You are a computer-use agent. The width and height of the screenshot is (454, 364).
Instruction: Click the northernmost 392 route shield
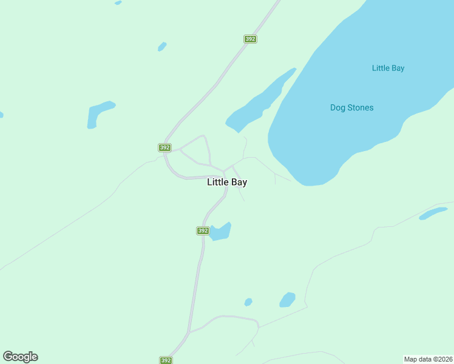point(250,39)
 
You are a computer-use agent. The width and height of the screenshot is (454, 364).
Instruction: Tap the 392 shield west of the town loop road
point(164,147)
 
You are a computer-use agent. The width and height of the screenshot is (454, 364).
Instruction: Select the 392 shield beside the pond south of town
point(203,231)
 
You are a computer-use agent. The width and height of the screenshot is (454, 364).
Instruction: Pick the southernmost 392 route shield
point(166,360)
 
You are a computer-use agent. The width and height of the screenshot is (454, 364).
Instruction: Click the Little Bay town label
point(227,182)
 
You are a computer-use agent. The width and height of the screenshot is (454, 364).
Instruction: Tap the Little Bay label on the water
point(388,68)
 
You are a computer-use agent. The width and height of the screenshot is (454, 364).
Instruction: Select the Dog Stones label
point(351,107)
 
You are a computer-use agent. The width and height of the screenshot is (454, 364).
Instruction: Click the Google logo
point(20,357)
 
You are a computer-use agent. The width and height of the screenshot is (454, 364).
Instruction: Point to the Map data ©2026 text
point(428,359)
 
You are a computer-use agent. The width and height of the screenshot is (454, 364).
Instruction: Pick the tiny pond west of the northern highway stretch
point(162,46)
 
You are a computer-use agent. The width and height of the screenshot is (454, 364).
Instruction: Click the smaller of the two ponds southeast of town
point(248,302)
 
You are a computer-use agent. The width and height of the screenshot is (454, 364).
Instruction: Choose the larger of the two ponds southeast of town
point(287,300)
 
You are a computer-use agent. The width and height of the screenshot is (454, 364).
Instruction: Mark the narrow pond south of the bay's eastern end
point(433,213)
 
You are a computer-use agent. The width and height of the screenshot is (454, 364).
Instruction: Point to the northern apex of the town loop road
point(203,136)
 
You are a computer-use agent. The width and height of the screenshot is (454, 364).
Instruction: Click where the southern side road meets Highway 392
point(190,332)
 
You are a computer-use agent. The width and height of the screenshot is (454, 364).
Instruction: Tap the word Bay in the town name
point(238,182)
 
